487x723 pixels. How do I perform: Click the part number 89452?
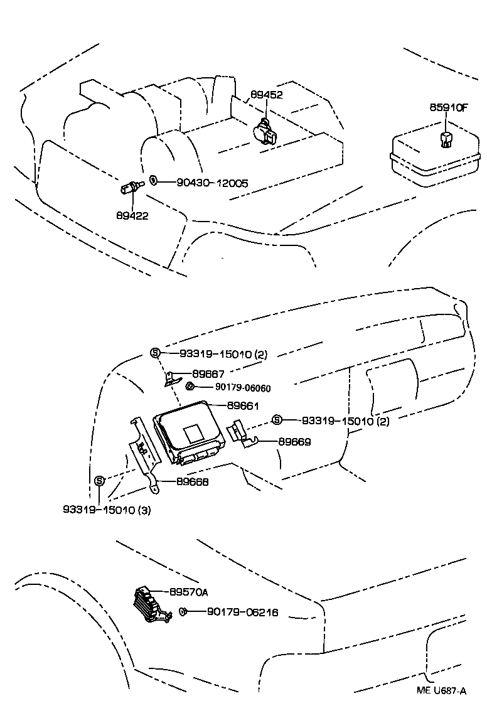(x=267, y=95)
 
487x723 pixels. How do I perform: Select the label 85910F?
(x=449, y=108)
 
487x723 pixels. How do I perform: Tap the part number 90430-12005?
(x=212, y=183)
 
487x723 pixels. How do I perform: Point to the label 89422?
(x=132, y=215)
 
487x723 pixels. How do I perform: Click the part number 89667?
(x=208, y=373)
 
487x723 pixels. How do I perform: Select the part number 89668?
(x=193, y=482)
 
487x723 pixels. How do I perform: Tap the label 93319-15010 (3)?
(x=107, y=510)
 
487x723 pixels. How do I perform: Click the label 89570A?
(x=189, y=592)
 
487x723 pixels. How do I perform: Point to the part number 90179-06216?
(x=242, y=613)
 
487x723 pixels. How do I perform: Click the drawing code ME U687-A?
(x=442, y=691)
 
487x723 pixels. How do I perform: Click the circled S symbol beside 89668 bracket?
(x=99, y=481)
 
